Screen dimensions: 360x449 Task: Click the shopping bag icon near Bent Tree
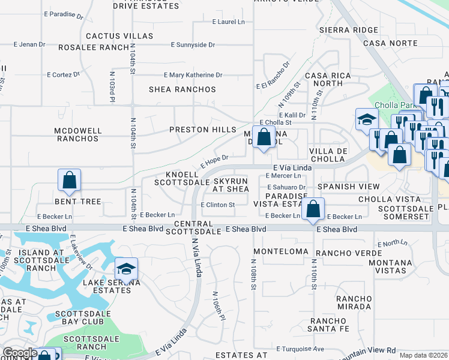click(69, 180)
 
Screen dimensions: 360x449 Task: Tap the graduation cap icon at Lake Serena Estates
click(126, 269)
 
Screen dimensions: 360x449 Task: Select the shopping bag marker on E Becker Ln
click(313, 210)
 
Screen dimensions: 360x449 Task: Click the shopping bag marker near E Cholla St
click(264, 137)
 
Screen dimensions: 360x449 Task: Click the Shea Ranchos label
click(182, 89)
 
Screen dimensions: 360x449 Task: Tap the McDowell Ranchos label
click(76, 134)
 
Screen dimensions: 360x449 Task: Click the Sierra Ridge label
click(349, 29)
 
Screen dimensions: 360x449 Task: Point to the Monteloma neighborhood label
click(276, 251)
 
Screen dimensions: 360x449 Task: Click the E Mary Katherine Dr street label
click(193, 75)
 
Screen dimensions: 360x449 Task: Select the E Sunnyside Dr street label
click(193, 44)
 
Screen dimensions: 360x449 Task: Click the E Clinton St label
click(217, 205)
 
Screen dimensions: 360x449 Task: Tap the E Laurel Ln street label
click(229, 22)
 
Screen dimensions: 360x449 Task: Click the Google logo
click(20, 353)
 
